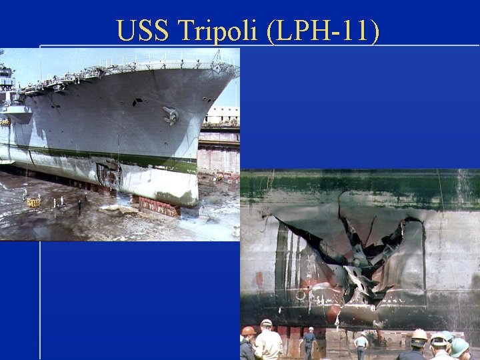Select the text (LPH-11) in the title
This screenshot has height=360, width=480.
click(x=322, y=31)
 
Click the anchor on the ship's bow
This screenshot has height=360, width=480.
click(x=170, y=116)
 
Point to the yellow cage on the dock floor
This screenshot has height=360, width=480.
click(x=33, y=201)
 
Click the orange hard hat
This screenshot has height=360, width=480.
click(x=249, y=331)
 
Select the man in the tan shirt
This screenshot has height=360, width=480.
click(x=268, y=343)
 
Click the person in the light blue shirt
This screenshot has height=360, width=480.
click(x=361, y=344)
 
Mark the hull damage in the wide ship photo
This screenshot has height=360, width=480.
click(x=108, y=175)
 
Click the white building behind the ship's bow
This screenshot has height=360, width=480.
click(x=221, y=115)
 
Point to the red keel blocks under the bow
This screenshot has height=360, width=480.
click(x=159, y=206)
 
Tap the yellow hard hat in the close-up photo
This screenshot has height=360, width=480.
click(x=419, y=335)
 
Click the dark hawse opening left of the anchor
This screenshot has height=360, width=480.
click(x=137, y=102)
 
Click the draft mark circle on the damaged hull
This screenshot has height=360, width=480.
click(x=301, y=294)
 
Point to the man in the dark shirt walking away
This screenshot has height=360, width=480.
click(x=309, y=341)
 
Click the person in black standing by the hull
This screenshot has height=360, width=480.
click(x=79, y=206)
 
